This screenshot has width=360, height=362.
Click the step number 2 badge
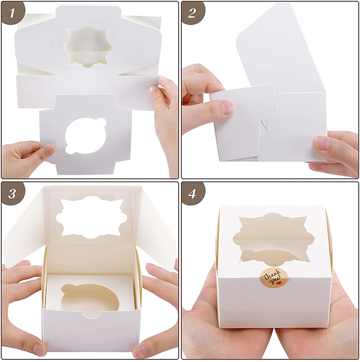tap(193, 13)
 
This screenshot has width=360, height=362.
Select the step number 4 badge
tap(193, 194)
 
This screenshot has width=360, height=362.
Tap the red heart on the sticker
tap(279, 283)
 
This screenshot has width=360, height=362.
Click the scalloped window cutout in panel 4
tap(274, 239)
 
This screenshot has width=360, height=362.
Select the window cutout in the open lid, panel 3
tap(91, 217)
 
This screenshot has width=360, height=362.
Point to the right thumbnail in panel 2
tap(322, 142)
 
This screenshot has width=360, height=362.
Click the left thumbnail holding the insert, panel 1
tap(49, 151)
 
